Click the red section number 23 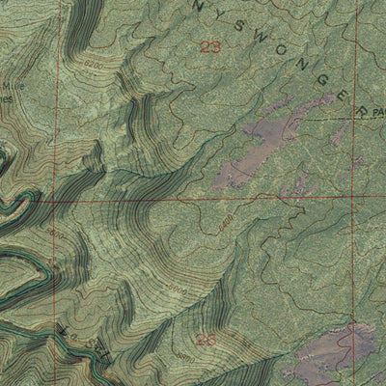coord(209,45)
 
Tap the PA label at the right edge coord(378,113)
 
